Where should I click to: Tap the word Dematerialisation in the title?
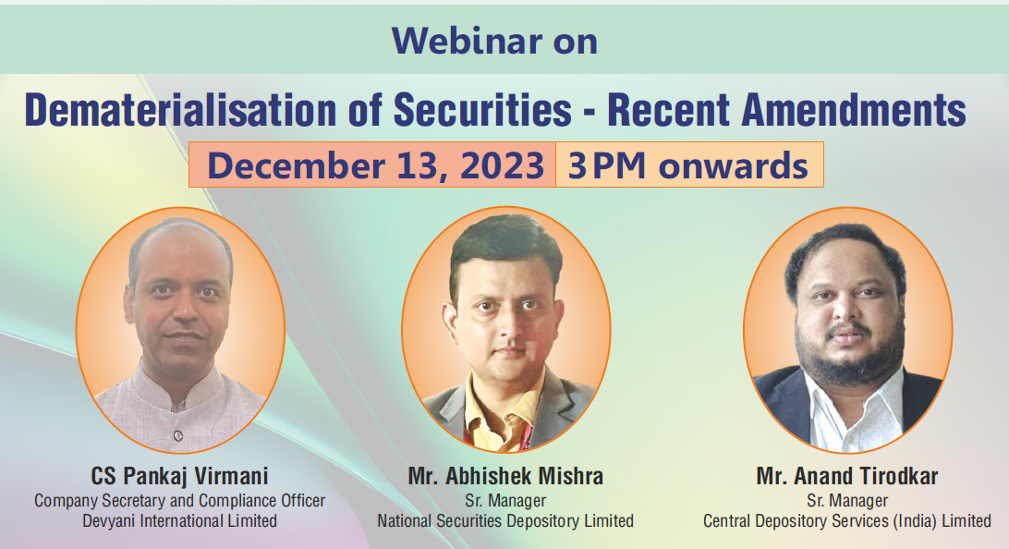point(181,109)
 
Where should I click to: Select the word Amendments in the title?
point(853,109)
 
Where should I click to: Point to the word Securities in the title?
point(482,109)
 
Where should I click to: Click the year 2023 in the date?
point(502,165)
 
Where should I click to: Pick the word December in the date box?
point(296,165)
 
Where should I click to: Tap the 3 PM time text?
point(607,165)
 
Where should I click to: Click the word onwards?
point(733,165)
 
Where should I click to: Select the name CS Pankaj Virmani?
point(179,476)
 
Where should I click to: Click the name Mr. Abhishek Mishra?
point(505,476)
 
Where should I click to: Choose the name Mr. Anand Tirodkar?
point(846,476)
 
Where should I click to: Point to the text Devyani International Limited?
point(179,520)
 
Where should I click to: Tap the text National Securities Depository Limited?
point(505,520)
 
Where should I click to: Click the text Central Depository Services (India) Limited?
point(846,520)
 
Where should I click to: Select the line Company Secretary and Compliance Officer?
point(179,501)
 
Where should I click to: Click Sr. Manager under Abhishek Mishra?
point(505,501)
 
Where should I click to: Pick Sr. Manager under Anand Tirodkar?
point(846,501)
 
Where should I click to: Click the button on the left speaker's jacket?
point(178,435)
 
